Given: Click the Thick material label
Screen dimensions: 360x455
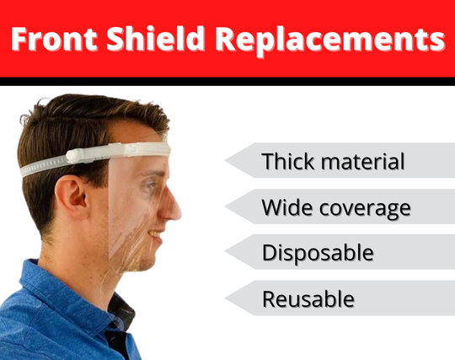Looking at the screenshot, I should click(333, 161).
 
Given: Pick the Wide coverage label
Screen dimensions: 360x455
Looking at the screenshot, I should click(335, 207).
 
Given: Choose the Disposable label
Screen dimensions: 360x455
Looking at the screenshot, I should click(317, 252).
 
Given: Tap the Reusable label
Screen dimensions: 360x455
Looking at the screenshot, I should click(308, 298).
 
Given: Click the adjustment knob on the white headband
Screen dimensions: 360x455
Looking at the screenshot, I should click(77, 155).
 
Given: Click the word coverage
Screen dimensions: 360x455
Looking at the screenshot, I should click(365, 207).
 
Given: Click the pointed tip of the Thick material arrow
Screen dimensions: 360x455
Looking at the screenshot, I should click(225, 161).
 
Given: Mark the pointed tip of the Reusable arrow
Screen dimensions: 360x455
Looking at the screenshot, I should click(225, 298).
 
